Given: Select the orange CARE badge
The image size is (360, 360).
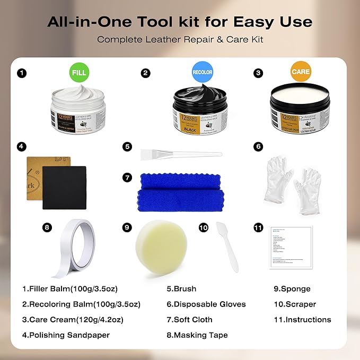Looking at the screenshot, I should coord(301,72).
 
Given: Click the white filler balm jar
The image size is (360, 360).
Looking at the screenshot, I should coord(78,109).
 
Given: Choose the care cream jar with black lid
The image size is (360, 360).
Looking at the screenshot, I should coord(300,110).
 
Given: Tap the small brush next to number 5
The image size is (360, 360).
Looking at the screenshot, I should coord(180,154).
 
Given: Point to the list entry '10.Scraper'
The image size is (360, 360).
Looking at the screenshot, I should coord(295,304).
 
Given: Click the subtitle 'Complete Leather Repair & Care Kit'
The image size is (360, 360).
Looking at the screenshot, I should coord(180,40).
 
